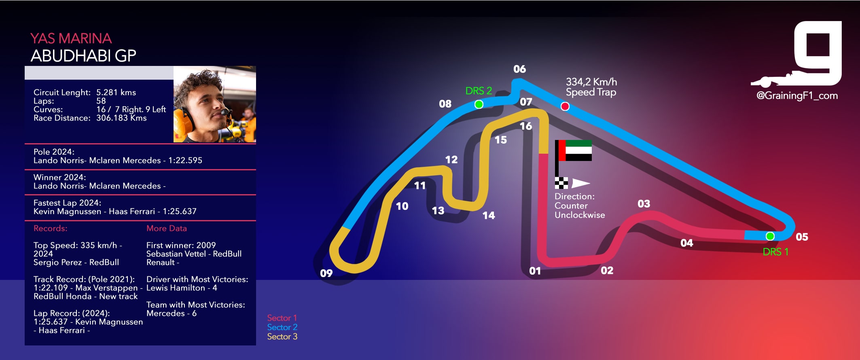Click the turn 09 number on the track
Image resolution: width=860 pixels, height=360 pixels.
click(326, 273)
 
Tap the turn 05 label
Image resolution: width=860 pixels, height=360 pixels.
click(802, 237)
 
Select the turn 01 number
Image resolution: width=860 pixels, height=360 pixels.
click(535, 271)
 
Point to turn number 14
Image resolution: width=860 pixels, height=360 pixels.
click(489, 216)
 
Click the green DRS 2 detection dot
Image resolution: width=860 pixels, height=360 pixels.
click(479, 104)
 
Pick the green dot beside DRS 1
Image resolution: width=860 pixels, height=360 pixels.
click(770, 236)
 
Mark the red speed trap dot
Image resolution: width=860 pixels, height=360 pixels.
click(565, 106)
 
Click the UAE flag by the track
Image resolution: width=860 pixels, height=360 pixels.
click(575, 150)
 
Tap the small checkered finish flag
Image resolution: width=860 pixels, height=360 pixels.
click(561, 183)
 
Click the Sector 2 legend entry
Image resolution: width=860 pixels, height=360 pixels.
click(282, 327)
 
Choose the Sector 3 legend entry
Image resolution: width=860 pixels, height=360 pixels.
click(282, 337)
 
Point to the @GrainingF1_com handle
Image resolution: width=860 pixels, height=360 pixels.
click(797, 96)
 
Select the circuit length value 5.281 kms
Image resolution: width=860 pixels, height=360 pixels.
click(116, 93)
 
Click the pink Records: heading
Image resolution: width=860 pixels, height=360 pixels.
click(50, 229)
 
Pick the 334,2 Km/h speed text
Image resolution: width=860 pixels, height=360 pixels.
click(591, 82)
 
